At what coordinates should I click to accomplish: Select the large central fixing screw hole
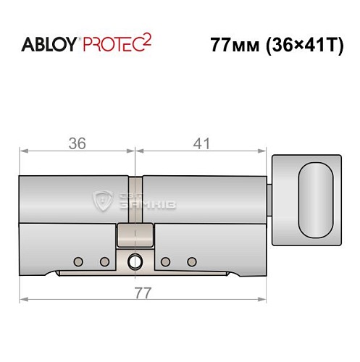coord(135,261)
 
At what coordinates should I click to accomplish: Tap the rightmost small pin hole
coord(192,261)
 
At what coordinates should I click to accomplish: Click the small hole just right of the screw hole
coord(166,261)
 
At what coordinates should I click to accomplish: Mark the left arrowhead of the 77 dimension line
coord(23,298)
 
